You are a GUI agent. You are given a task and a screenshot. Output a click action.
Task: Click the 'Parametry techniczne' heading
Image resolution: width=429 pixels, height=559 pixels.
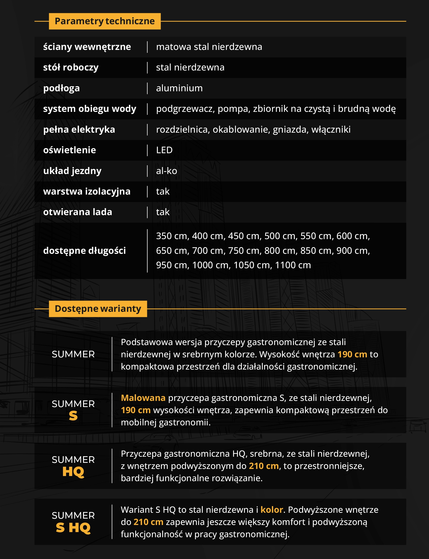(105, 21)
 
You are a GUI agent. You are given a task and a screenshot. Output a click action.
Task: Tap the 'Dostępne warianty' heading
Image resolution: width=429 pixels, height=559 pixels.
(98, 309)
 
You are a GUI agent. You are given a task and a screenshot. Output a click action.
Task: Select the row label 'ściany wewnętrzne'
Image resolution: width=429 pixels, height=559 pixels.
(87, 47)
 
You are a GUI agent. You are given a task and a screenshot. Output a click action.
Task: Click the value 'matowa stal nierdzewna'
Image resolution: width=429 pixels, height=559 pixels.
(209, 47)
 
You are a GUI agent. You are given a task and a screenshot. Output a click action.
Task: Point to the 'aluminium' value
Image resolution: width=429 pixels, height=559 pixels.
(179, 88)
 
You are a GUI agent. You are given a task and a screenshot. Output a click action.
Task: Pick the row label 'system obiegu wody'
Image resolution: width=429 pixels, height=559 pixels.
(89, 109)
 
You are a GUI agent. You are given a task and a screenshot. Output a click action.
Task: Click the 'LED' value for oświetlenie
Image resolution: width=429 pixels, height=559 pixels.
(164, 150)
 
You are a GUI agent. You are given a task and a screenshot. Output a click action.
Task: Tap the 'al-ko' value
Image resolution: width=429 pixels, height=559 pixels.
(167, 171)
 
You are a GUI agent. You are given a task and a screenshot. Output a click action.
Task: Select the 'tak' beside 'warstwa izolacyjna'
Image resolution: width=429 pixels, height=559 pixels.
(163, 192)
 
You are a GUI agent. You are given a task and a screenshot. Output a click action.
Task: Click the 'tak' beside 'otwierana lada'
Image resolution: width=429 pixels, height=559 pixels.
(163, 212)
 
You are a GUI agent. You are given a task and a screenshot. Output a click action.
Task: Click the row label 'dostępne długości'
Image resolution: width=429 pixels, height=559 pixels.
(84, 251)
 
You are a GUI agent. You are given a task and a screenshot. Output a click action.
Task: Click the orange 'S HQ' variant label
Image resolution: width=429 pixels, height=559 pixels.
(73, 528)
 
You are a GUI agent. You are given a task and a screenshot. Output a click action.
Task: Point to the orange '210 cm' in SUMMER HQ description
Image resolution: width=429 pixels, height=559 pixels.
(264, 466)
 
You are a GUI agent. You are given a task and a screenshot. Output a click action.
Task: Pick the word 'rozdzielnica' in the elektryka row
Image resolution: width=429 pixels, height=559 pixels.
(183, 129)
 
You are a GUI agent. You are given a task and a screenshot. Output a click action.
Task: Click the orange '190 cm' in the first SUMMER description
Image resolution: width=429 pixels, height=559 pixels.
(352, 354)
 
